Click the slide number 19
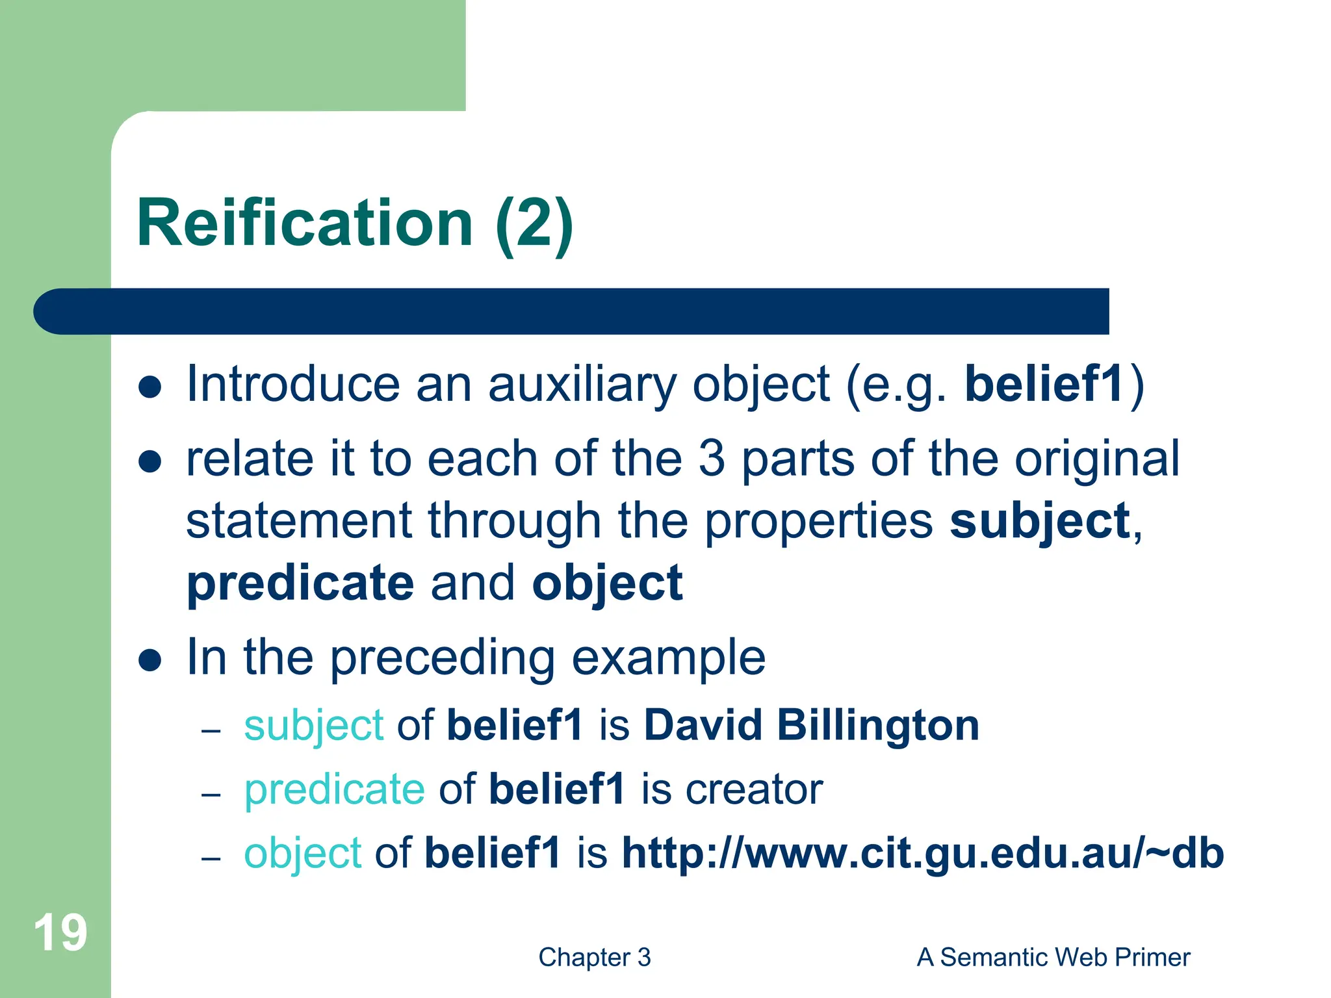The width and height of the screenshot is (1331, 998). [60, 932]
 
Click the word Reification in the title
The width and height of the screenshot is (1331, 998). [305, 223]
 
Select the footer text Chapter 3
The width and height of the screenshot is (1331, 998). [594, 957]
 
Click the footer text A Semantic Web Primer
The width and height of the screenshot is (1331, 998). [1053, 957]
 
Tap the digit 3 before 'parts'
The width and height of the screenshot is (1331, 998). [711, 459]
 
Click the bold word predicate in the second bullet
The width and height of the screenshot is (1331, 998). [300, 583]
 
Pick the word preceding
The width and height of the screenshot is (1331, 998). [442, 658]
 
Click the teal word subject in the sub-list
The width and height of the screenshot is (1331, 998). [314, 726]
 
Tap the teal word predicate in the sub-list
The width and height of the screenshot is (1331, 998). [335, 789]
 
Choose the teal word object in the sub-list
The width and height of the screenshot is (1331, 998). [302, 853]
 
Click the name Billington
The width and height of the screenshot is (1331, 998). [877, 724]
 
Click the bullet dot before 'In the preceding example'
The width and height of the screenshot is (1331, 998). [150, 660]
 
